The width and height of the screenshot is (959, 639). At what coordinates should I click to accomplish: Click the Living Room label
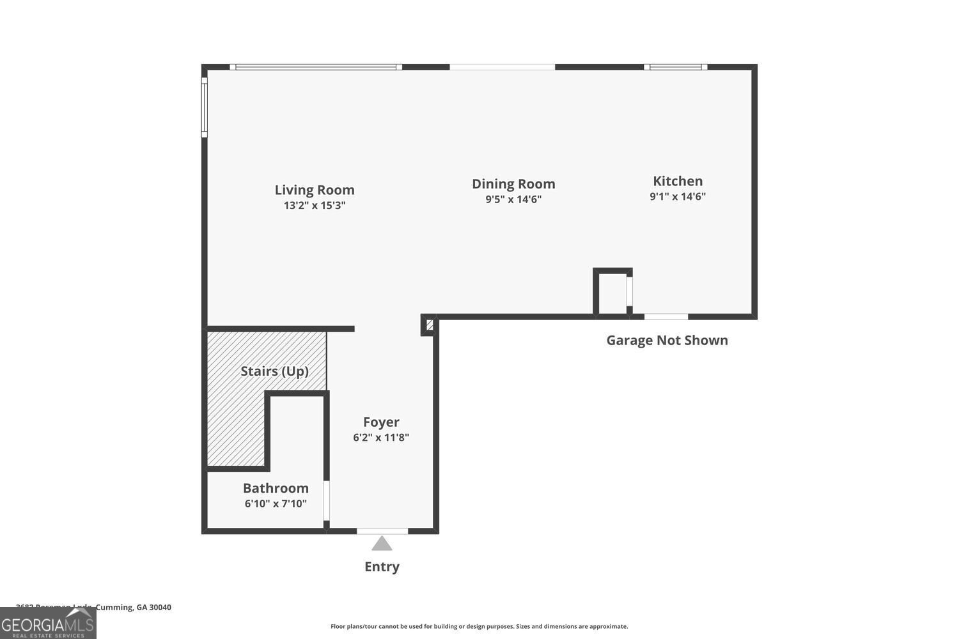[x=315, y=190]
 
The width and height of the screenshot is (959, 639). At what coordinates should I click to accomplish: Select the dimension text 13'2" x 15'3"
[x=315, y=205]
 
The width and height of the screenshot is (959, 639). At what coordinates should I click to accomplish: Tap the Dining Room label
[x=513, y=184]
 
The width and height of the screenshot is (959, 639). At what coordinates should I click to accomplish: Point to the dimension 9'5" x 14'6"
[x=513, y=199]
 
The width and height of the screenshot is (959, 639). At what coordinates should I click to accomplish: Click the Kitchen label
[x=678, y=181]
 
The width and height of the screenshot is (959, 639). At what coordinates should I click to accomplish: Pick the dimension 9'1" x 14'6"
[x=678, y=196]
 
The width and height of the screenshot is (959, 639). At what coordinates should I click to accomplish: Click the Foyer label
[x=381, y=422]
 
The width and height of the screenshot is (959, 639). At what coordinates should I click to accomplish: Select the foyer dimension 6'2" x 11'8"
[x=381, y=437]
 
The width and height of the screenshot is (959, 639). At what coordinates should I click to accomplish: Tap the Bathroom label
[x=276, y=488]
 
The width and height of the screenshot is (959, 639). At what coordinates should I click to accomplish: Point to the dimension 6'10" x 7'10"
[x=276, y=504]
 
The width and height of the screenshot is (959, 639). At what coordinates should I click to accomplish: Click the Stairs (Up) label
[x=274, y=371]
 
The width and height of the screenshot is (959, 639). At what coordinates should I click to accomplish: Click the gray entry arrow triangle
[x=382, y=544]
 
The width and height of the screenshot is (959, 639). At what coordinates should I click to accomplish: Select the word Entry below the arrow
[x=382, y=566]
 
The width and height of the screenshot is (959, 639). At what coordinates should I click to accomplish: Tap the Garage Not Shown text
[x=667, y=340]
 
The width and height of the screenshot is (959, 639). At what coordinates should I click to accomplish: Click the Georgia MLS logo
[x=48, y=623]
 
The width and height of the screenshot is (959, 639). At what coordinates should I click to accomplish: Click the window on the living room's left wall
[x=205, y=107]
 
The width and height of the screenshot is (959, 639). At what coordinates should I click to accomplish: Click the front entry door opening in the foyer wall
[x=382, y=531]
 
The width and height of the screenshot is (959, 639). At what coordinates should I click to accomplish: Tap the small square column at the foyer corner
[x=430, y=325]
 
